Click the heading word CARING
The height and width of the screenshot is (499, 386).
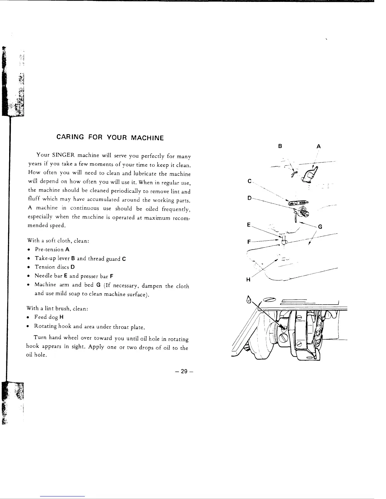(70, 137)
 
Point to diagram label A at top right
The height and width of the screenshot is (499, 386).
(319, 146)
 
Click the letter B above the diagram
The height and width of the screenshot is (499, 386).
(280, 146)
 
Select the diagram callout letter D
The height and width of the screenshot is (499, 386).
(249, 198)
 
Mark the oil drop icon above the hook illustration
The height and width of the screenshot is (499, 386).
(249, 300)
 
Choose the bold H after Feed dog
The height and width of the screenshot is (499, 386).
(61, 317)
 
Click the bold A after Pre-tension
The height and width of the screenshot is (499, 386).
(67, 249)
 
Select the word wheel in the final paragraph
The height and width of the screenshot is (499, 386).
(71, 337)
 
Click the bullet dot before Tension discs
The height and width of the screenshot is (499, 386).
(29, 267)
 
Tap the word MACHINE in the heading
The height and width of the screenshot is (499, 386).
(147, 138)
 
